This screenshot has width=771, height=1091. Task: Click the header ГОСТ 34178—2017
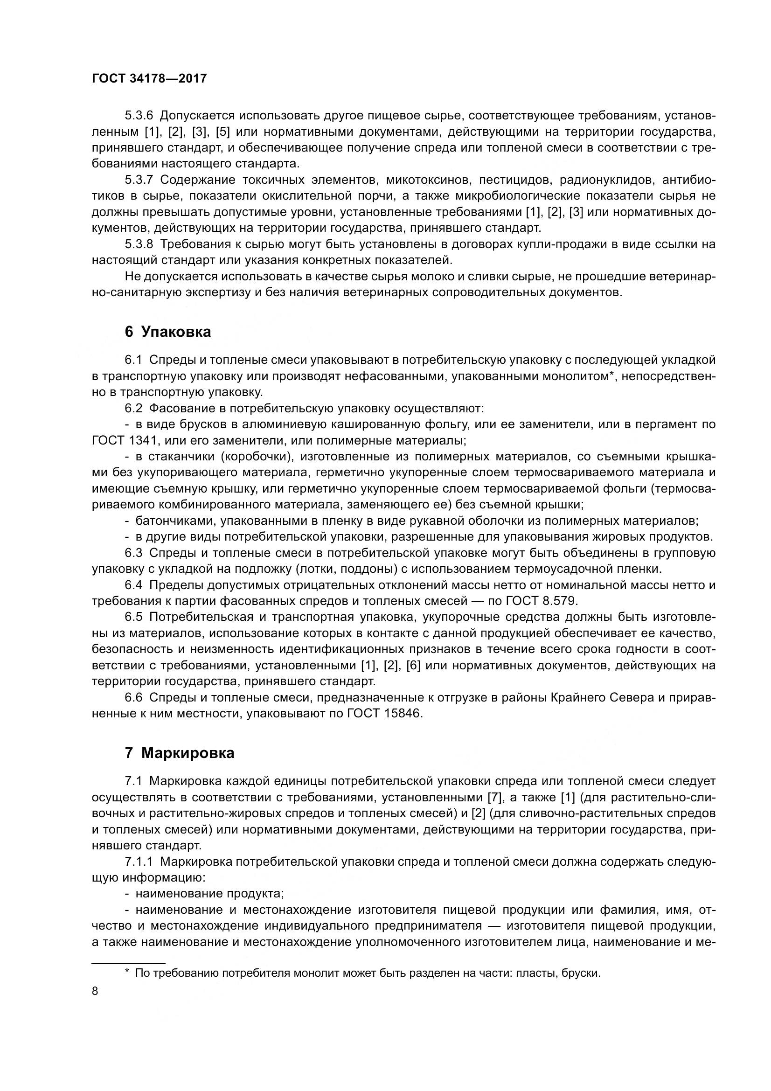(149, 78)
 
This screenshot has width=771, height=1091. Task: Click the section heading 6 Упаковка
(168, 332)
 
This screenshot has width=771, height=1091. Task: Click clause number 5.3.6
(139, 116)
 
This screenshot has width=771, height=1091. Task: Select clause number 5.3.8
(139, 244)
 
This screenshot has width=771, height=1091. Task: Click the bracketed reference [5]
(223, 132)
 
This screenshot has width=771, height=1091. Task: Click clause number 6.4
(133, 585)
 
